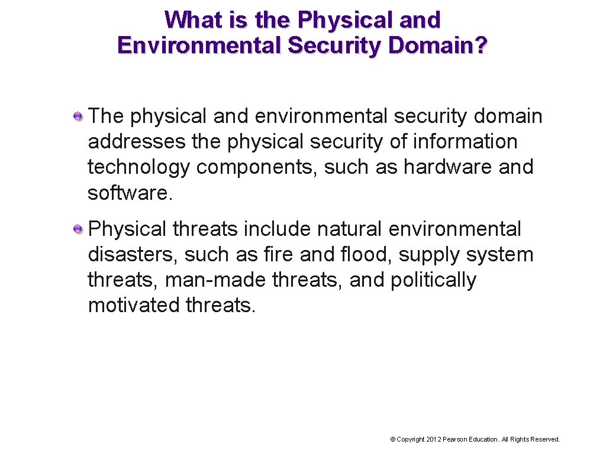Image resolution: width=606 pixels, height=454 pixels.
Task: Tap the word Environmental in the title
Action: coord(199,46)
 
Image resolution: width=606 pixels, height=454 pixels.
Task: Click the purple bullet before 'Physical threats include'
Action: coord(78,229)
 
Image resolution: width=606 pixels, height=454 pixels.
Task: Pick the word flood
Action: coord(366,255)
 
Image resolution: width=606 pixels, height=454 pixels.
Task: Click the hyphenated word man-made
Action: coord(215,280)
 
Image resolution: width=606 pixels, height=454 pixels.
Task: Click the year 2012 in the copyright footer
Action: coord(434,439)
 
